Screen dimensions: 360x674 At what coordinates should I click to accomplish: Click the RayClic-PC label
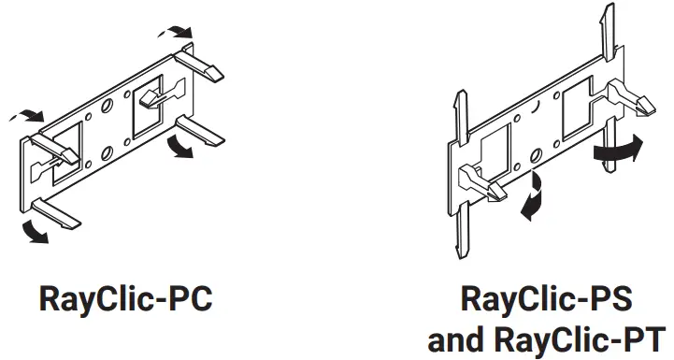tap(125, 300)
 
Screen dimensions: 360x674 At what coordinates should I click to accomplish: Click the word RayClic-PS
tap(547, 300)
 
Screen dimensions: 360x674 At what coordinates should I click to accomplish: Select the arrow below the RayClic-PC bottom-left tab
tap(35, 231)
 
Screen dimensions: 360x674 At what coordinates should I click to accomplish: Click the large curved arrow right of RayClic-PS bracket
tap(619, 149)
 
